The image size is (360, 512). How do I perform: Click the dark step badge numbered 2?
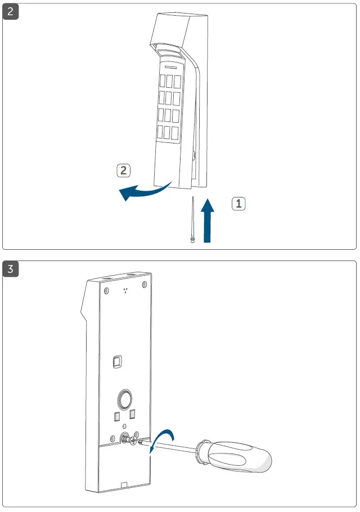[11, 12]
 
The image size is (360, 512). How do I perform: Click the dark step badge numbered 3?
[11, 269]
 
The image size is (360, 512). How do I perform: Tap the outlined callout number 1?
[239, 204]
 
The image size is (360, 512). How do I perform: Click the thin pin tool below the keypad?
[193, 220]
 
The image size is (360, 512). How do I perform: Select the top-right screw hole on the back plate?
[145, 284]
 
